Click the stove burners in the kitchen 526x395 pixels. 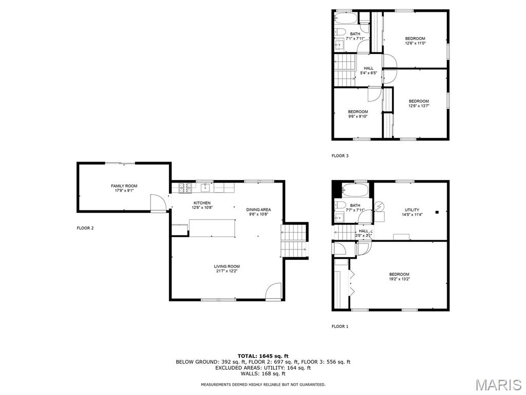pyautogui.click(x=185, y=188)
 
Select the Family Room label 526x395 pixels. pyautogui.click(x=124, y=186)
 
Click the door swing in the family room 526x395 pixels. pyautogui.click(x=158, y=203)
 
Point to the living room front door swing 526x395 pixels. pyautogui.click(x=273, y=291)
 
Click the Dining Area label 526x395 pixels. pyautogui.click(x=258, y=210)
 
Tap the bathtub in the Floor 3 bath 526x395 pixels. pyautogui.click(x=346, y=18)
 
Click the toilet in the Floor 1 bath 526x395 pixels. pyautogui.click(x=341, y=205)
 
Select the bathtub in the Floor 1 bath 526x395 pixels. pyautogui.click(x=355, y=190)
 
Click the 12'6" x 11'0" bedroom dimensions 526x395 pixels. pyautogui.click(x=415, y=43)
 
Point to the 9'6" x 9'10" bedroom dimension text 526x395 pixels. pyautogui.click(x=358, y=117)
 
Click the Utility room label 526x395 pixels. pyautogui.click(x=412, y=210)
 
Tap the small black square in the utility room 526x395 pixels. pyautogui.click(x=437, y=212)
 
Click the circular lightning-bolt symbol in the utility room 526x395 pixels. pyautogui.click(x=380, y=206)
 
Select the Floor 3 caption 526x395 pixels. pyautogui.click(x=340, y=156)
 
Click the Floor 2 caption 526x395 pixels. pyautogui.click(x=85, y=228)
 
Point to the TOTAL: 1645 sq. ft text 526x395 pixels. pyautogui.click(x=263, y=356)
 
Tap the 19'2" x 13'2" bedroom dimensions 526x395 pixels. pyautogui.click(x=400, y=279)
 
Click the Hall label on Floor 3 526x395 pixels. pyautogui.click(x=368, y=68)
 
